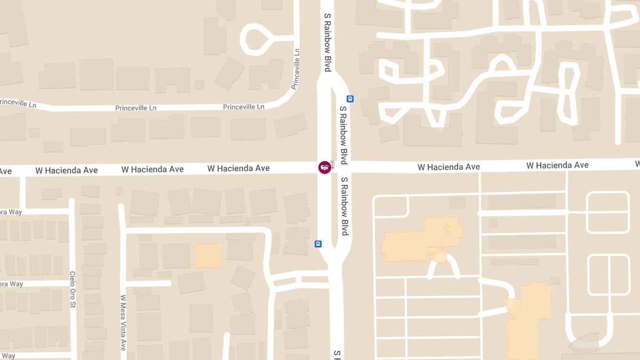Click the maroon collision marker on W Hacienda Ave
(x=324, y=167)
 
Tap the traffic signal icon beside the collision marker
(x=332, y=164)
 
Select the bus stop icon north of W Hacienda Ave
(x=350, y=99)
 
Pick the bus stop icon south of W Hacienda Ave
(x=318, y=244)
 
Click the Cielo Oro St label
(x=73, y=290)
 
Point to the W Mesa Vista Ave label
(x=123, y=322)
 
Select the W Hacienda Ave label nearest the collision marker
(x=238, y=169)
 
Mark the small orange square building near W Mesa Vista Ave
(x=208, y=256)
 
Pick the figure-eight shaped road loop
(x=569, y=93)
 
